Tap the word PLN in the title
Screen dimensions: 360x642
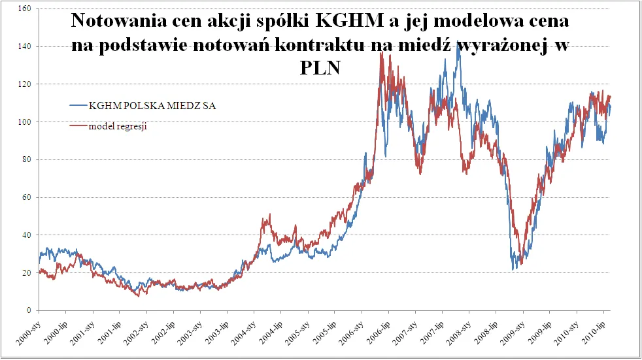click(320, 68)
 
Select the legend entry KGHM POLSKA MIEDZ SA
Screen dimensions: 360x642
click(152, 106)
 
